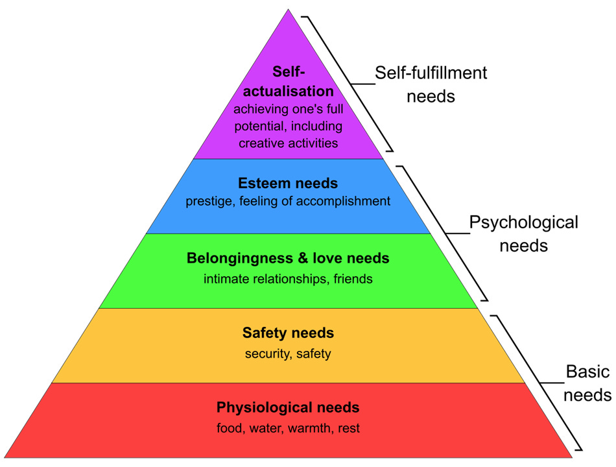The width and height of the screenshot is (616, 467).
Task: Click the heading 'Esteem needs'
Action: [x=288, y=184]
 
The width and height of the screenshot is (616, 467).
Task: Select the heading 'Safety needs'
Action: [x=288, y=333]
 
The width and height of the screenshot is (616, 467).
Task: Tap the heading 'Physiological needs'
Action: [x=288, y=408]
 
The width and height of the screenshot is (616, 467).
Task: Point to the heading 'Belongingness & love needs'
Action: [x=288, y=258]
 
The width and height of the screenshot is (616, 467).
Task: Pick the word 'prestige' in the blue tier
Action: [x=209, y=202]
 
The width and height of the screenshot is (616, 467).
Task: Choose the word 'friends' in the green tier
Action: [x=353, y=280]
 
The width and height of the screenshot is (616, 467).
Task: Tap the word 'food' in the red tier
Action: [x=228, y=429]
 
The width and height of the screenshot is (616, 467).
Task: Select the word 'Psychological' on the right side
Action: [x=523, y=222]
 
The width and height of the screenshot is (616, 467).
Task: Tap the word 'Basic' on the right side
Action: [x=587, y=372]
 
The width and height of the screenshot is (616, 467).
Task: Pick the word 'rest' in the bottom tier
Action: [x=348, y=429]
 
